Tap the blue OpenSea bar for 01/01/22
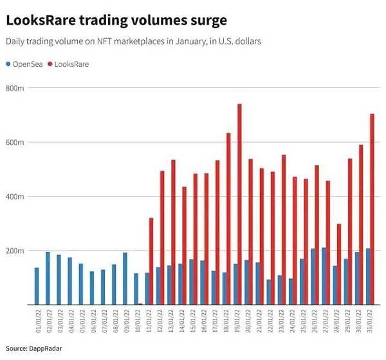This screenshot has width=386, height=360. pyautogui.click(x=37, y=285)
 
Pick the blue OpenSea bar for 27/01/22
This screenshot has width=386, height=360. pyautogui.click(x=324, y=276)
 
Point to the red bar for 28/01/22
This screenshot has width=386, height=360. pyautogui.click(x=339, y=264)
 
